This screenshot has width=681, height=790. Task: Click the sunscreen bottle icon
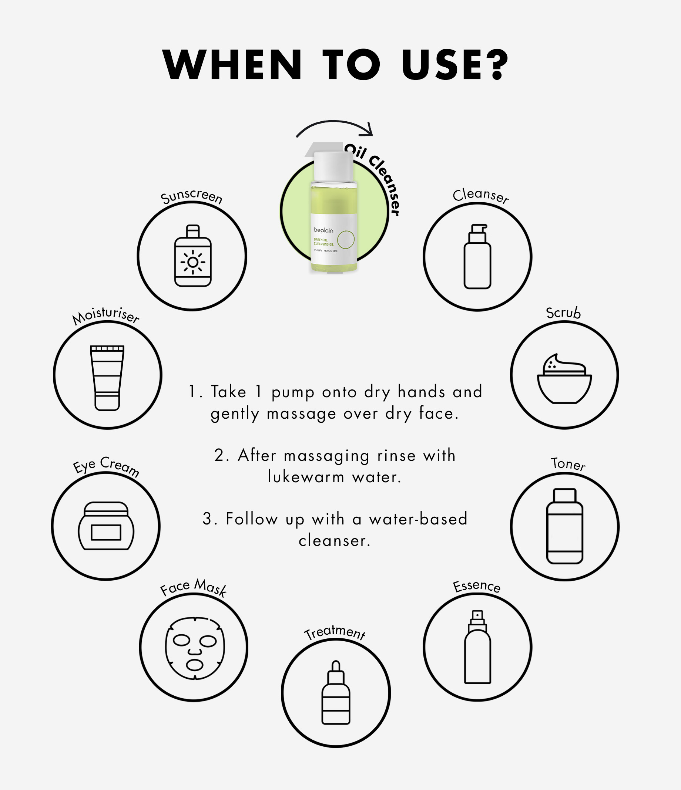click(193, 256)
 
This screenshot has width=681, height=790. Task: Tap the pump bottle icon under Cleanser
click(477, 256)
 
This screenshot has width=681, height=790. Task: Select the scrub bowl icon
click(564, 379)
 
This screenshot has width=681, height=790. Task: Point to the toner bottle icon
click(565, 526)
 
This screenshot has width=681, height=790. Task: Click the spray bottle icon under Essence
click(477, 646)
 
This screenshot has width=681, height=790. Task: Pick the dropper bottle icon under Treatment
click(336, 692)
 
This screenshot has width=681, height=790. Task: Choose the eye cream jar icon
click(106, 526)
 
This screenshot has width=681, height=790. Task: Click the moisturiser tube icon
click(107, 378)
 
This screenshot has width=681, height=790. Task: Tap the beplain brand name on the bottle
click(323, 230)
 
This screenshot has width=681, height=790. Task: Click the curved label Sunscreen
click(191, 196)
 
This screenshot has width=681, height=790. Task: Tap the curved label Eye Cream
click(106, 466)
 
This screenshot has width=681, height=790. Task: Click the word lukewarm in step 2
click(306, 477)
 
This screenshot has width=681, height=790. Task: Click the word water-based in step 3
click(418, 519)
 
